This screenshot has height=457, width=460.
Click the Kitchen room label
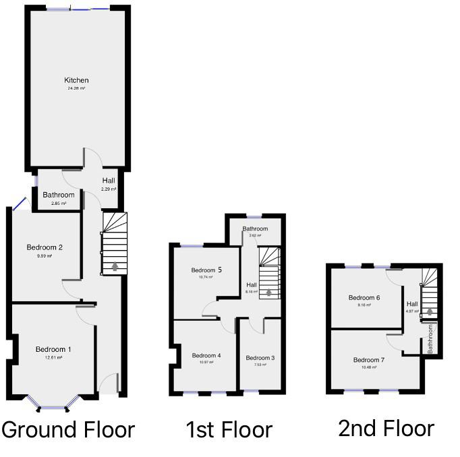[76, 80]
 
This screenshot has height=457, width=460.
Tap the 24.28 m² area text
[76, 88]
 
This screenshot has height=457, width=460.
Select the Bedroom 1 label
[53, 349]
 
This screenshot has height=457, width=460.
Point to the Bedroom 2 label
[45, 247]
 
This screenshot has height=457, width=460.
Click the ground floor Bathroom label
[58, 195]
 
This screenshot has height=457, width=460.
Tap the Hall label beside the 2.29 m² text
[109, 181]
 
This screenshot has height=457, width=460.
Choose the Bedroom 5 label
[206, 270]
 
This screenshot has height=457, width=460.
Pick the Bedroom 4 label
[206, 355]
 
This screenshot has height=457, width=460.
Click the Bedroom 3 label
[259, 357]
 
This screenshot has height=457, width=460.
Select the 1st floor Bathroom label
[255, 228]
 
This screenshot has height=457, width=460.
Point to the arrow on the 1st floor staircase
[269, 292]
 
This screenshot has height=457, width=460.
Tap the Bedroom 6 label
[364, 297]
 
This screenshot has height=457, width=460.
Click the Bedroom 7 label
[369, 360]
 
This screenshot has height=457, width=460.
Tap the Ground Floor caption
[69, 429]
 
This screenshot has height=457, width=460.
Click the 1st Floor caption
[229, 429]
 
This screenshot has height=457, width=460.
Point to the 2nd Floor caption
[386, 427]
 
